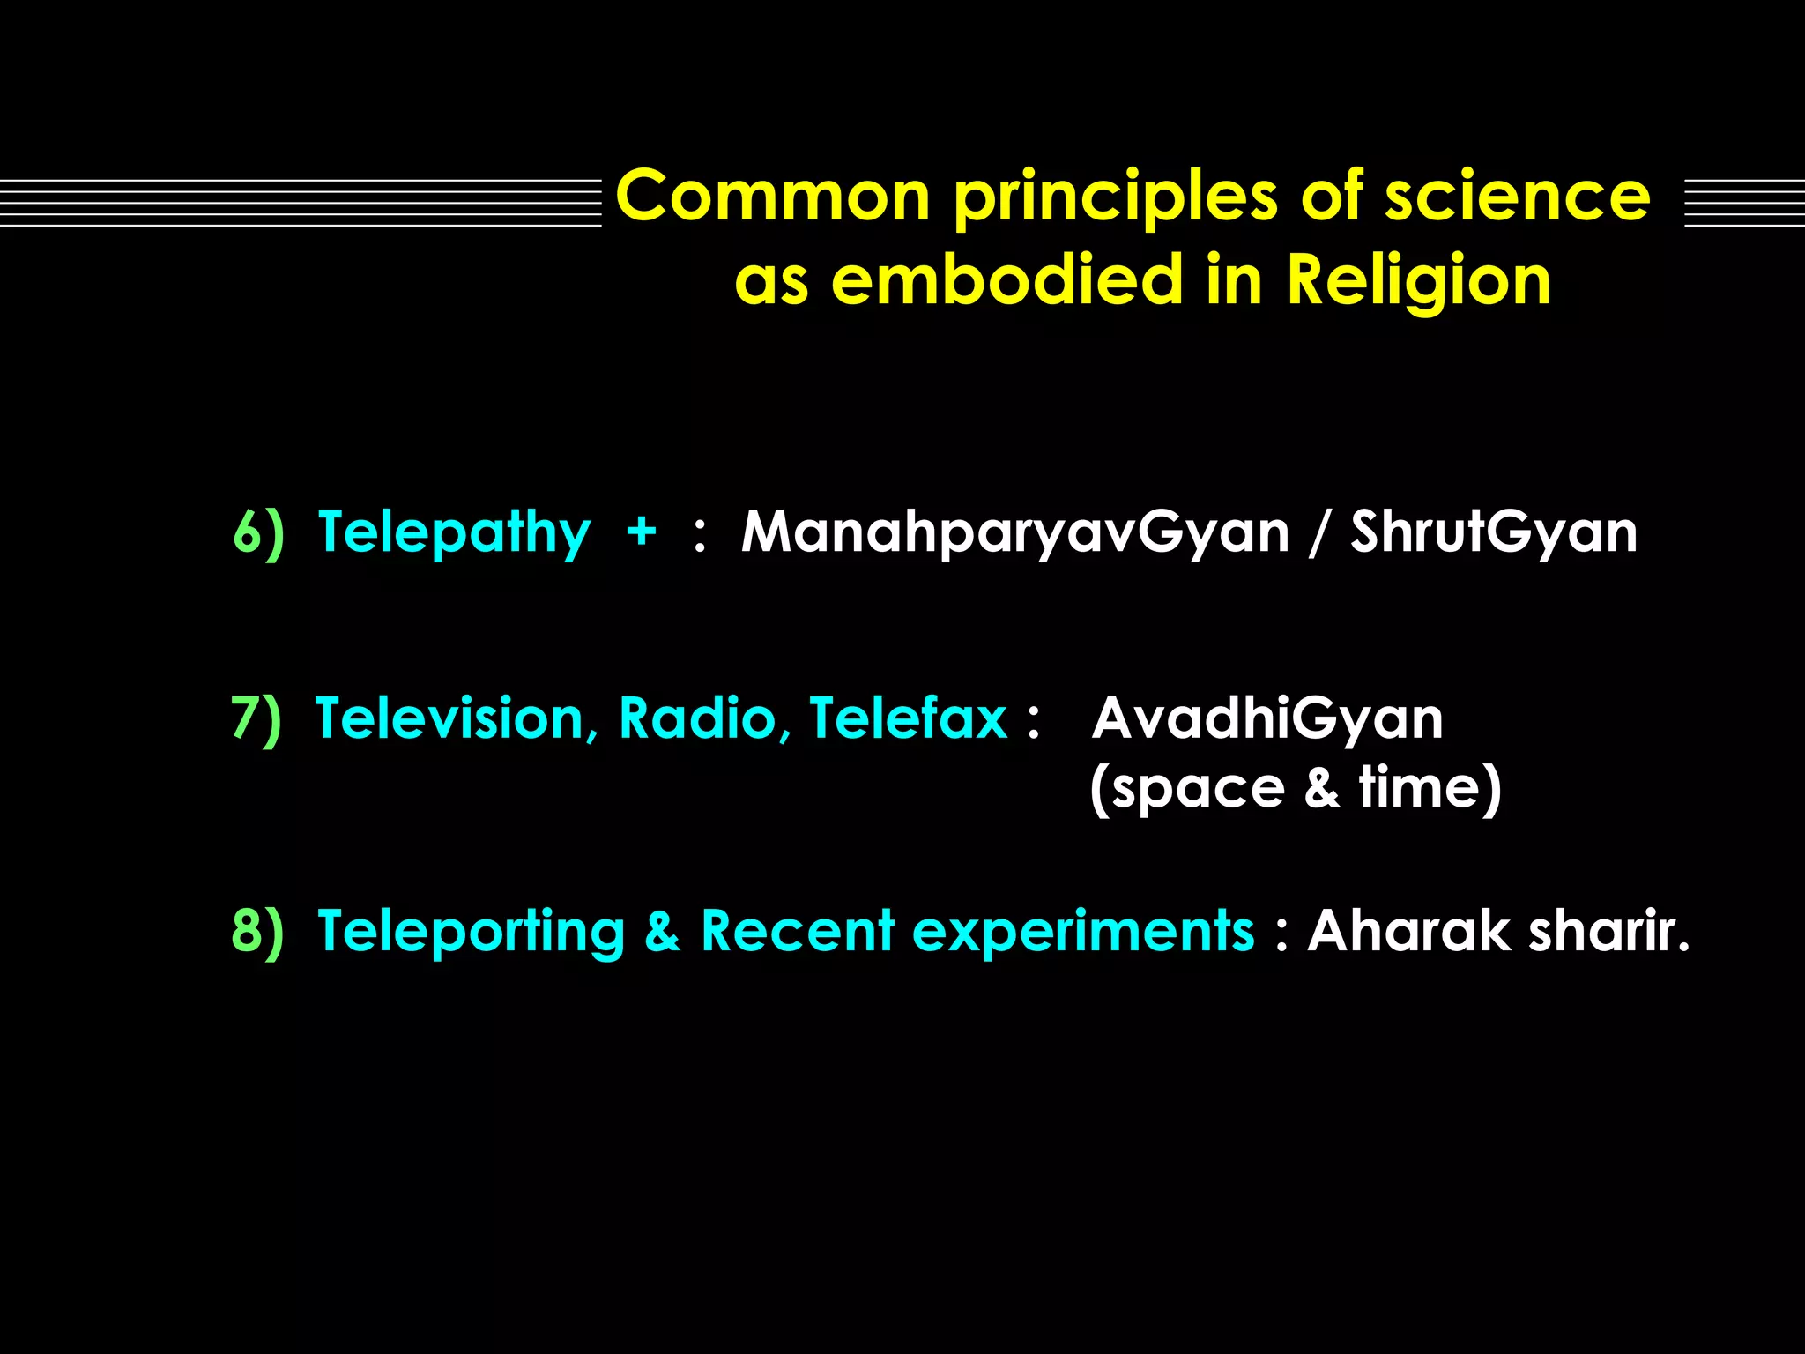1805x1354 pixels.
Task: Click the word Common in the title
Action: (773, 196)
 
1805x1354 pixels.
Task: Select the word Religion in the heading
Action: (1418, 280)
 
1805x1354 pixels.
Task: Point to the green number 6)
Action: (258, 532)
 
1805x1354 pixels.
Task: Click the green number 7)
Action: (256, 718)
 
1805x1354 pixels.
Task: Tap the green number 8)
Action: (257, 931)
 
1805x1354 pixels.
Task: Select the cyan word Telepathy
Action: (453, 532)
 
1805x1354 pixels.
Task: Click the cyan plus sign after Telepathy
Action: (641, 532)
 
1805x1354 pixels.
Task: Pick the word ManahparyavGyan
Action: (1014, 532)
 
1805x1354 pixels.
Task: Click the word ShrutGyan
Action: (1493, 532)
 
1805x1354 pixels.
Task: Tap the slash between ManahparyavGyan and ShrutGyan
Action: (1318, 532)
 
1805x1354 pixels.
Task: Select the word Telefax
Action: (908, 718)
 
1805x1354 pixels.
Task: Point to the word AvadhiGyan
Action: (1267, 718)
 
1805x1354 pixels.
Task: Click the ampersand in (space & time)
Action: (1321, 788)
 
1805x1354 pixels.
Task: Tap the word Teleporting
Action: (471, 931)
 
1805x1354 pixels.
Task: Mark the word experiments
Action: (1082, 931)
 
